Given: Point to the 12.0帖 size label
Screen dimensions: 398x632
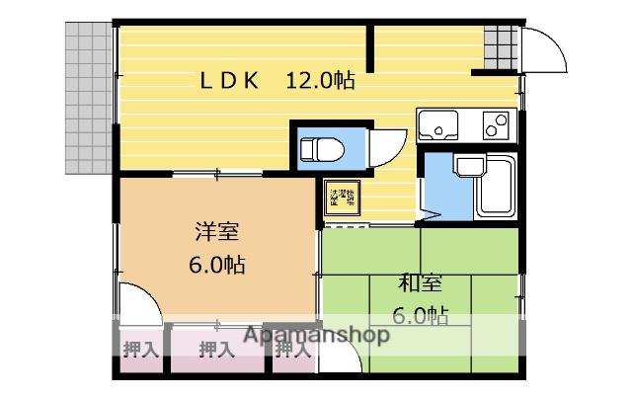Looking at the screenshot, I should (321, 81).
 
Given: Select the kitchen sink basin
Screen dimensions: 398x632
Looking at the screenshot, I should (437, 125).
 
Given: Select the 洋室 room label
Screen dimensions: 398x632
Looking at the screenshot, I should (215, 234).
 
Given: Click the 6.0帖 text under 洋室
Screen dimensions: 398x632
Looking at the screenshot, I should (216, 266).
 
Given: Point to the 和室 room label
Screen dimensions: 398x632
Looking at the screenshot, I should (420, 283).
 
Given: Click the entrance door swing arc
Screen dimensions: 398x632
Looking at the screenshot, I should (544, 49).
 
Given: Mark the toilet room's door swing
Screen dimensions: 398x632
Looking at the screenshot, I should (391, 148).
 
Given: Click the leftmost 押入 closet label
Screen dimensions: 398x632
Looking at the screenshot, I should (140, 349).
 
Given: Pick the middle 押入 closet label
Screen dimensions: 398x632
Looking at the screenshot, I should (216, 349).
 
